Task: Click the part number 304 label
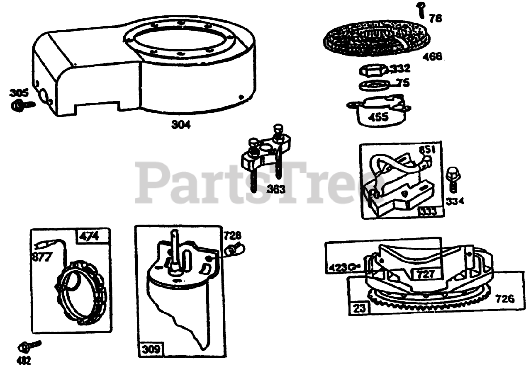coord(181,124)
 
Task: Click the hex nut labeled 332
coord(372,70)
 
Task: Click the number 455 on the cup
coord(378,117)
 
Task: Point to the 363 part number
coord(276,189)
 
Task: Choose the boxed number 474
coord(90,236)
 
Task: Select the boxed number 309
coord(151,349)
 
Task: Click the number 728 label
coord(232,236)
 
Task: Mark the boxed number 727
coord(426,274)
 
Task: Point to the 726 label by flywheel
coord(504,298)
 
